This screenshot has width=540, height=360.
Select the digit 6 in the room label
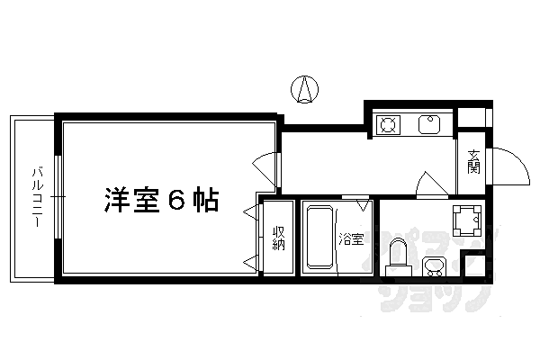[x=177, y=200]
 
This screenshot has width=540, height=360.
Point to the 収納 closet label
[x=279, y=239]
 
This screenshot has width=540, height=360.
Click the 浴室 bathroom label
[x=351, y=239]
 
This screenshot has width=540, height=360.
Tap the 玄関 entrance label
[x=473, y=165]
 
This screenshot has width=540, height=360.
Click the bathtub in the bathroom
[x=319, y=237]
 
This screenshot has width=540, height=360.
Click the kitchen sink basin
[x=429, y=124]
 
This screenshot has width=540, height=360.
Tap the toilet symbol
[x=395, y=262]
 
